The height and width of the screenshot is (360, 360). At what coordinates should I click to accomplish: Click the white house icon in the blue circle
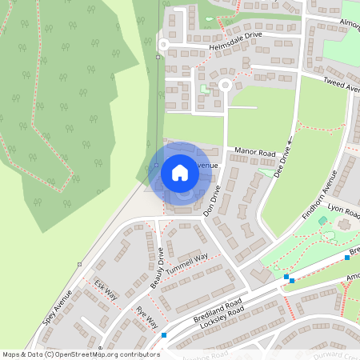coord(180,173)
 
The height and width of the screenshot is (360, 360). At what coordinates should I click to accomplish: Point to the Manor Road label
coord(254,151)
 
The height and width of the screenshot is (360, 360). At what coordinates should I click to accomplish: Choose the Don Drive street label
coord(211,202)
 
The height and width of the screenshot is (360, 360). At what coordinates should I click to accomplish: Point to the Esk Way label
coord(106,290)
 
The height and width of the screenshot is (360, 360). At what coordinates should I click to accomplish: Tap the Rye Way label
coord(146,317)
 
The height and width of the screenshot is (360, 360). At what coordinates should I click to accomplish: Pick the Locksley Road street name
coord(219,322)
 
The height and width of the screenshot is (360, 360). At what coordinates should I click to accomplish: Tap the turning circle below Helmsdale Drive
coord(225,83)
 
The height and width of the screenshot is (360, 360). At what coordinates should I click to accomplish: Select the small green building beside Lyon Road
coord(322,220)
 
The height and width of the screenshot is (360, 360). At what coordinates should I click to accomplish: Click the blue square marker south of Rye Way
coord(163,335)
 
